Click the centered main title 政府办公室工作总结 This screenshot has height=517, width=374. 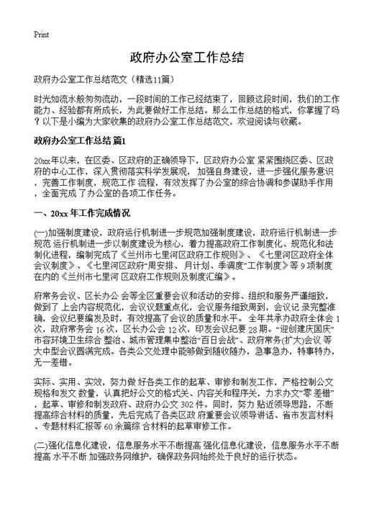tap(186, 57)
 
